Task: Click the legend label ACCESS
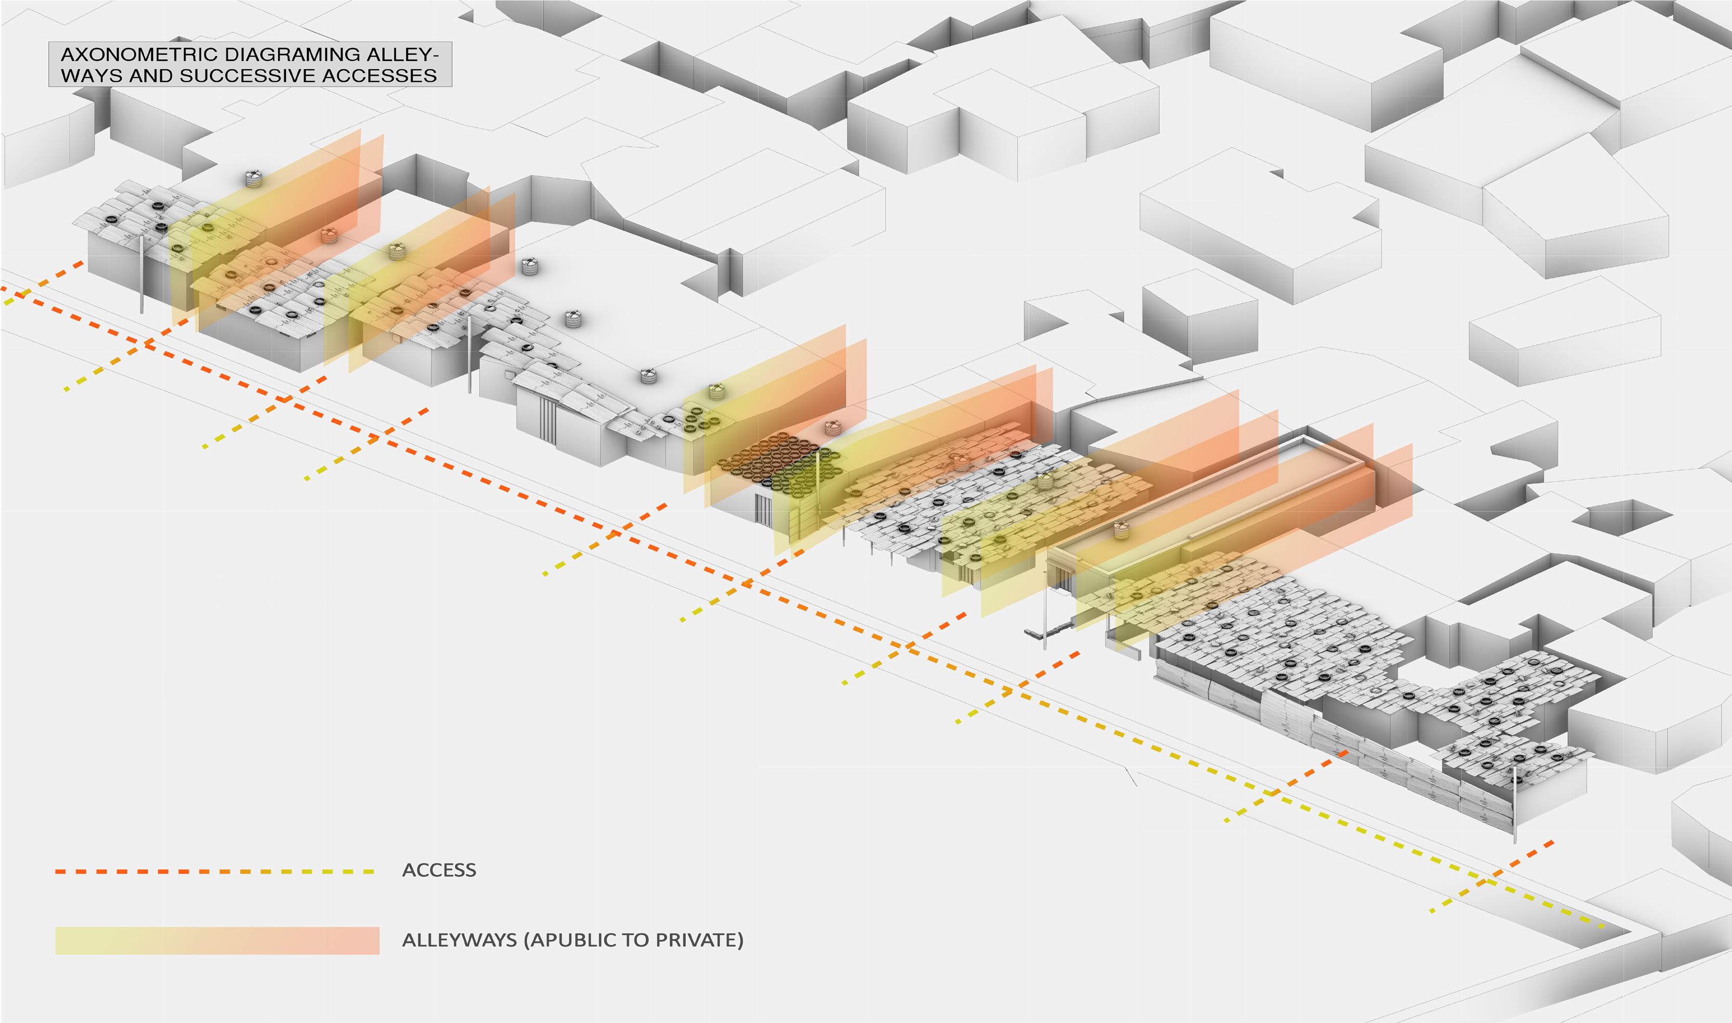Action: tap(438, 870)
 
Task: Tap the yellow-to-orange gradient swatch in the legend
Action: tap(217, 940)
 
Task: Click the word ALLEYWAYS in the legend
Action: tap(458, 940)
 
